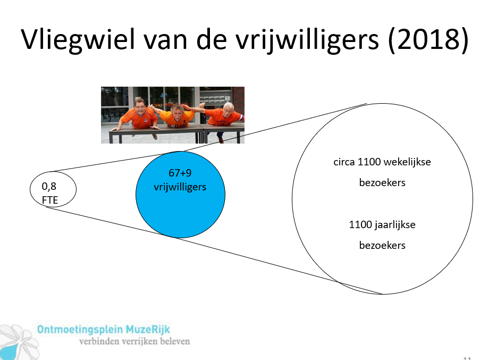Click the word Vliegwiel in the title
click(x=78, y=40)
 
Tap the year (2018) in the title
click(x=428, y=40)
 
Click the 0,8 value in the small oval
click(x=49, y=186)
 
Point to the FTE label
click(x=50, y=200)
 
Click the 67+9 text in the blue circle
click(x=180, y=173)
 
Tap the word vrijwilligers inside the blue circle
click(x=180, y=187)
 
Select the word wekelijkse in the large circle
click(x=407, y=162)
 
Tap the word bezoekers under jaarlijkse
click(x=382, y=245)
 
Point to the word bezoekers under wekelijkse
click(x=382, y=182)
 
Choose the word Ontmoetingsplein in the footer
click(x=80, y=330)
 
